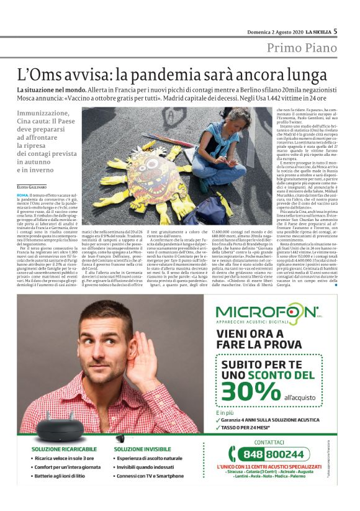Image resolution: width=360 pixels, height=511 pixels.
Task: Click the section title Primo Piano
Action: point(302,48)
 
